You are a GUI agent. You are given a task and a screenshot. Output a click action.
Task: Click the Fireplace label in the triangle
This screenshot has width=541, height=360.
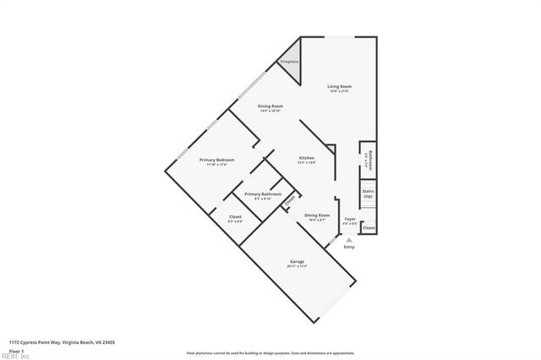[x=289, y=61]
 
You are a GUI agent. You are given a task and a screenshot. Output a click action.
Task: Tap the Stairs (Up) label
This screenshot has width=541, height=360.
[x=369, y=193]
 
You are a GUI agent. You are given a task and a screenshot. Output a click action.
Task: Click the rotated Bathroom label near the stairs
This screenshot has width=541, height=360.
[x=368, y=161]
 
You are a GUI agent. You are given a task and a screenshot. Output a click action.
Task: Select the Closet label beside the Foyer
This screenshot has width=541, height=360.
[x=369, y=228]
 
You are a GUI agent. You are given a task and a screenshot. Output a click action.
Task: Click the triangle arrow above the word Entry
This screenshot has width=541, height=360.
[x=349, y=239]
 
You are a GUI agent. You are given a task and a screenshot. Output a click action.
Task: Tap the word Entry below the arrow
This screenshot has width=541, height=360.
[x=349, y=247]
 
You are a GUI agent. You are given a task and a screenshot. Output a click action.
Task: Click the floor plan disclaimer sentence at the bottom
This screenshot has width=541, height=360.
[x=270, y=352]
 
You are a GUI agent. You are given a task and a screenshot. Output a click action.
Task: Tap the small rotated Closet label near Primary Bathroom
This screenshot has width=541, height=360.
[x=290, y=201]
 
